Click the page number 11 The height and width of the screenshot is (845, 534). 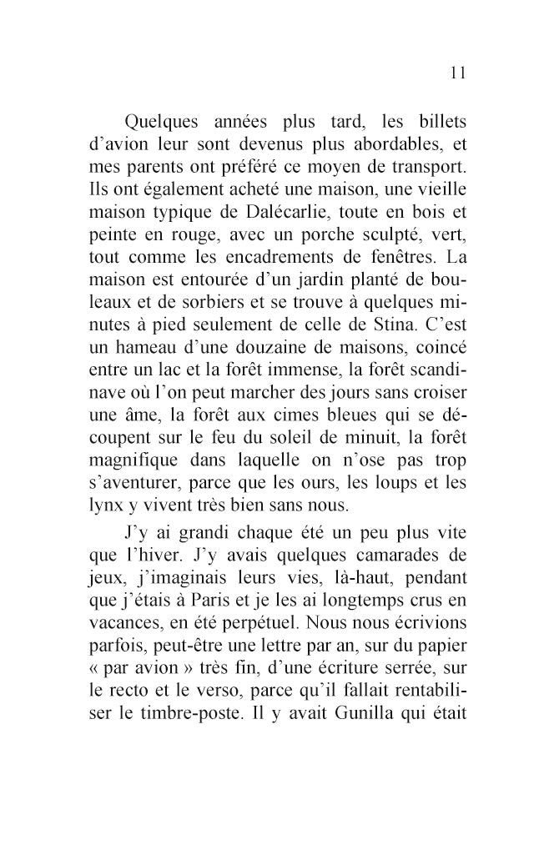coord(456,73)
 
